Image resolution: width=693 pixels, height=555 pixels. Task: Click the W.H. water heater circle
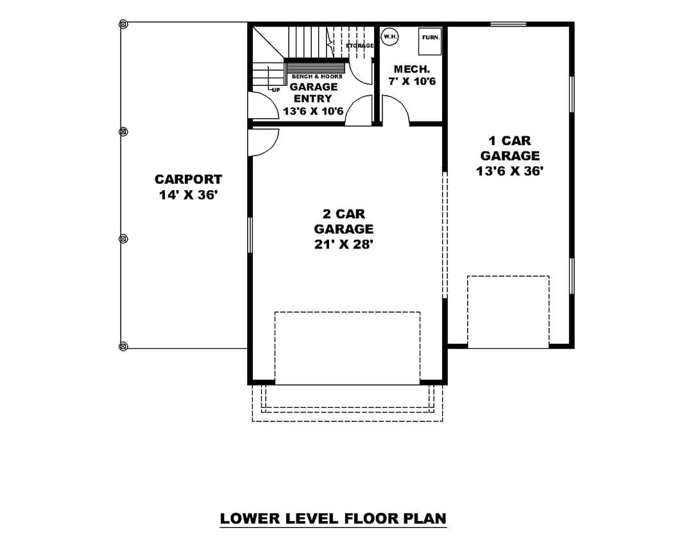(390, 37)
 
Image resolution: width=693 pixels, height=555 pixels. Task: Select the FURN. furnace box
(430, 41)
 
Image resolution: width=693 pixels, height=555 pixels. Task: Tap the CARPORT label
(188, 179)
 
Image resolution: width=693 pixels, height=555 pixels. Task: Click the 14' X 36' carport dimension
(189, 195)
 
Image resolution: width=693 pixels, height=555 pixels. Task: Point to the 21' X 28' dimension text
(344, 244)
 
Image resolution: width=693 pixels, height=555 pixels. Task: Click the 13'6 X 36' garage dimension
(509, 171)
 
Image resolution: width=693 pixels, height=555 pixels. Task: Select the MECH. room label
(411, 69)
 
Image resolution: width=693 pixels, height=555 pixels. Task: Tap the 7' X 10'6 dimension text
(412, 82)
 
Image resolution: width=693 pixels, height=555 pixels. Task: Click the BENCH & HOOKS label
(317, 76)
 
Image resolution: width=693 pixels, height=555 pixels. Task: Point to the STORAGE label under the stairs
(359, 46)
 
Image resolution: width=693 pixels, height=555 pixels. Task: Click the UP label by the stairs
(276, 90)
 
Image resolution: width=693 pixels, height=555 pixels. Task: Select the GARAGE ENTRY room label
(313, 92)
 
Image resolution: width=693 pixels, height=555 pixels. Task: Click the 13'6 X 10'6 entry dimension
(313, 111)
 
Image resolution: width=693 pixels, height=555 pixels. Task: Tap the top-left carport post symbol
(123, 24)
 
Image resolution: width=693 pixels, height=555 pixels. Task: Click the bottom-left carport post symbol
(123, 346)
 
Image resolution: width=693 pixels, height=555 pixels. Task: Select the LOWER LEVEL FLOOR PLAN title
(333, 518)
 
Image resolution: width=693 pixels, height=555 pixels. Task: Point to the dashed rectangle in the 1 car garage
(508, 277)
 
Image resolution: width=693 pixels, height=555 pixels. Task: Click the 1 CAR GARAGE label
(510, 148)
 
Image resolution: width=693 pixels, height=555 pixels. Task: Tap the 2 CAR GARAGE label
(344, 221)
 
